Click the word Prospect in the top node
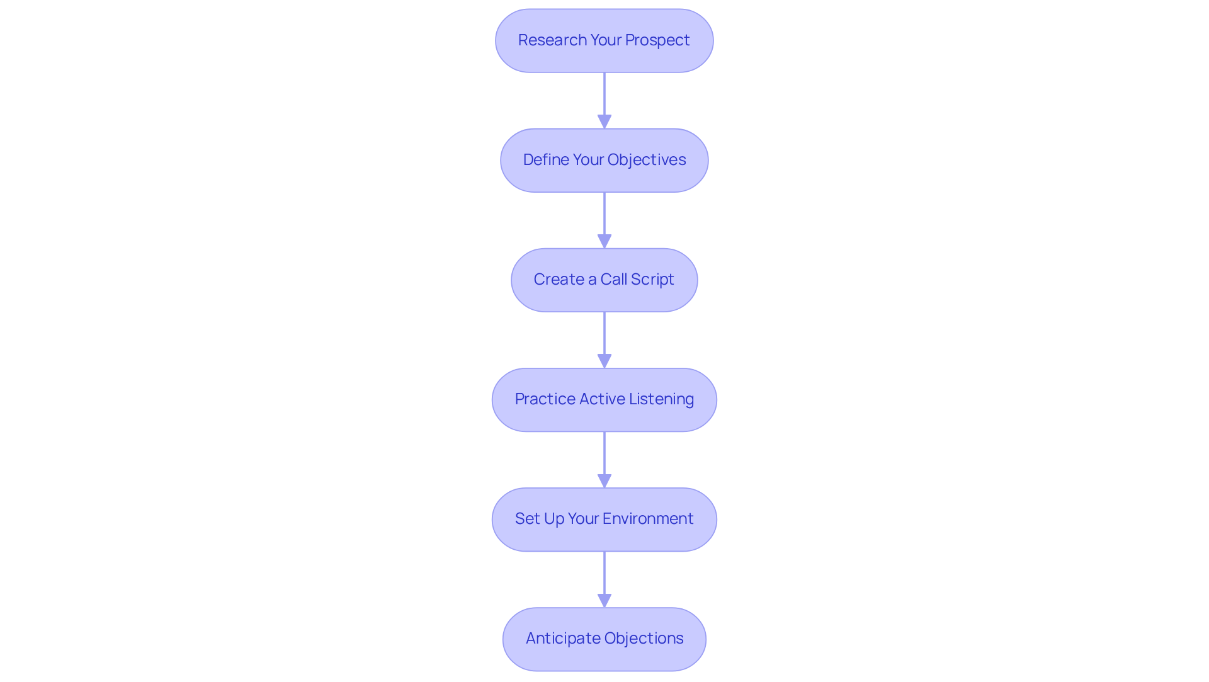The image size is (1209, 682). point(657,40)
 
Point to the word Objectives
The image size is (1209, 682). point(647,160)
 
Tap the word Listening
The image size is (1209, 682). point(661,399)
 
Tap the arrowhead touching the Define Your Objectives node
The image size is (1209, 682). point(604,122)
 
